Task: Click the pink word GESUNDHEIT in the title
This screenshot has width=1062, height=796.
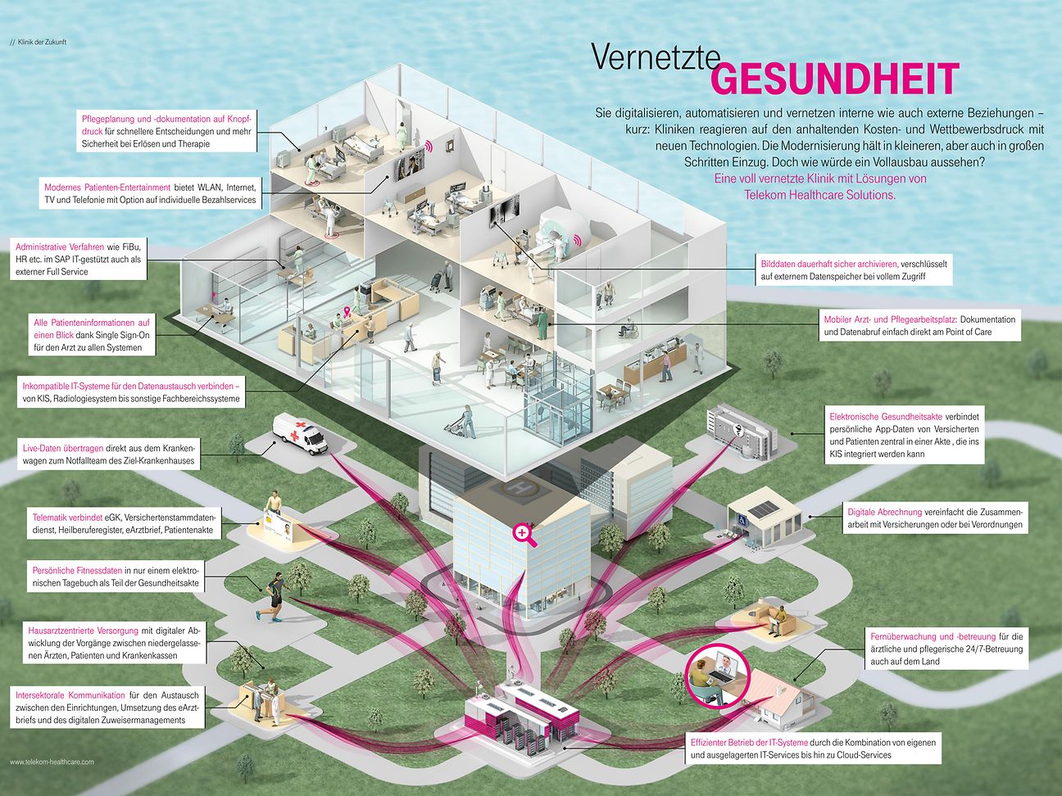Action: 834,79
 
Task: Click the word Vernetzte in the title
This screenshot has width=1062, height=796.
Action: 655,57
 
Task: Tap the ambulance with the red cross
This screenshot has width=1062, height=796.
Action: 300,432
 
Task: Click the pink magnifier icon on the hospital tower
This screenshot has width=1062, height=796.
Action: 522,534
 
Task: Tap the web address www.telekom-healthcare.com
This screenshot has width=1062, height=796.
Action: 52,762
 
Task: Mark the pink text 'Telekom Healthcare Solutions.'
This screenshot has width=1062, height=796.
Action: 819,195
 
